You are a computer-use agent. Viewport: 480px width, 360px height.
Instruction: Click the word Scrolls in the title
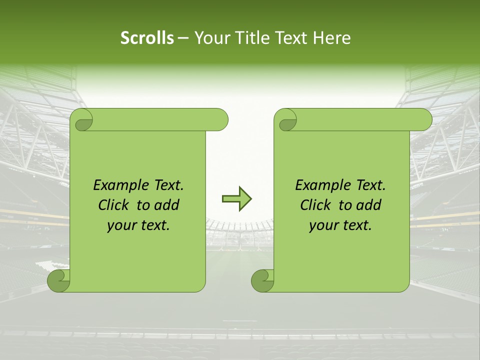click(147, 38)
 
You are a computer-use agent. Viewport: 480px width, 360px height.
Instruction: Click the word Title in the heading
click(248, 38)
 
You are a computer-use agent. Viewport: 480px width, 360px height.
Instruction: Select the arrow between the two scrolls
click(236, 199)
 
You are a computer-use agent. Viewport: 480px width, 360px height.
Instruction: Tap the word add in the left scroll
click(167, 205)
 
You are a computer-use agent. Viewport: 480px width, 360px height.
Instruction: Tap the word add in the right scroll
click(369, 205)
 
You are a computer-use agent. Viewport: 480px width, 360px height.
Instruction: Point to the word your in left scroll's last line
click(121, 226)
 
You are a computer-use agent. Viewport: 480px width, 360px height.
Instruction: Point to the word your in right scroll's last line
click(323, 226)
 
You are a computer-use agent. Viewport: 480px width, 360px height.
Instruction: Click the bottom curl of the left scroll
click(58, 280)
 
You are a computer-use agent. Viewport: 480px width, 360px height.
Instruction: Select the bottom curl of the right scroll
click(262, 280)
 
